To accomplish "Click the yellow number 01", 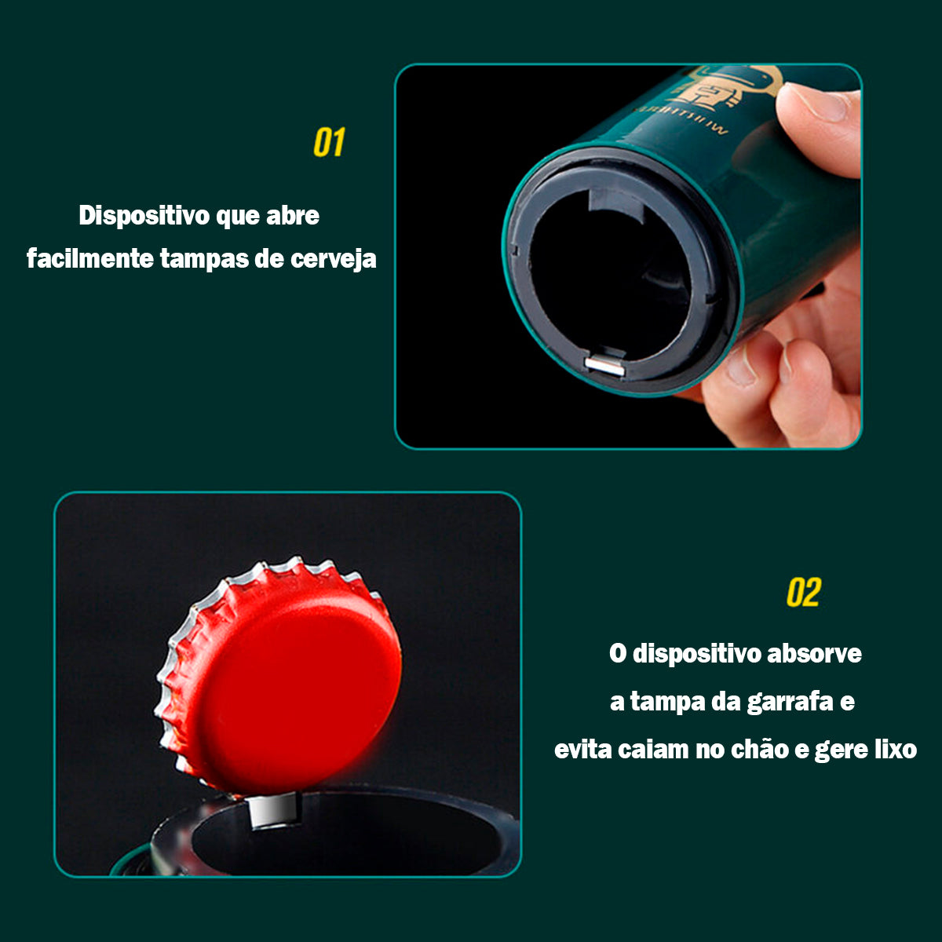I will (329, 143).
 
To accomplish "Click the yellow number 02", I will (803, 593).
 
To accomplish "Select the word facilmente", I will (89, 258).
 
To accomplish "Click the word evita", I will (582, 749).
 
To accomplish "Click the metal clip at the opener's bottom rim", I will (604, 363).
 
